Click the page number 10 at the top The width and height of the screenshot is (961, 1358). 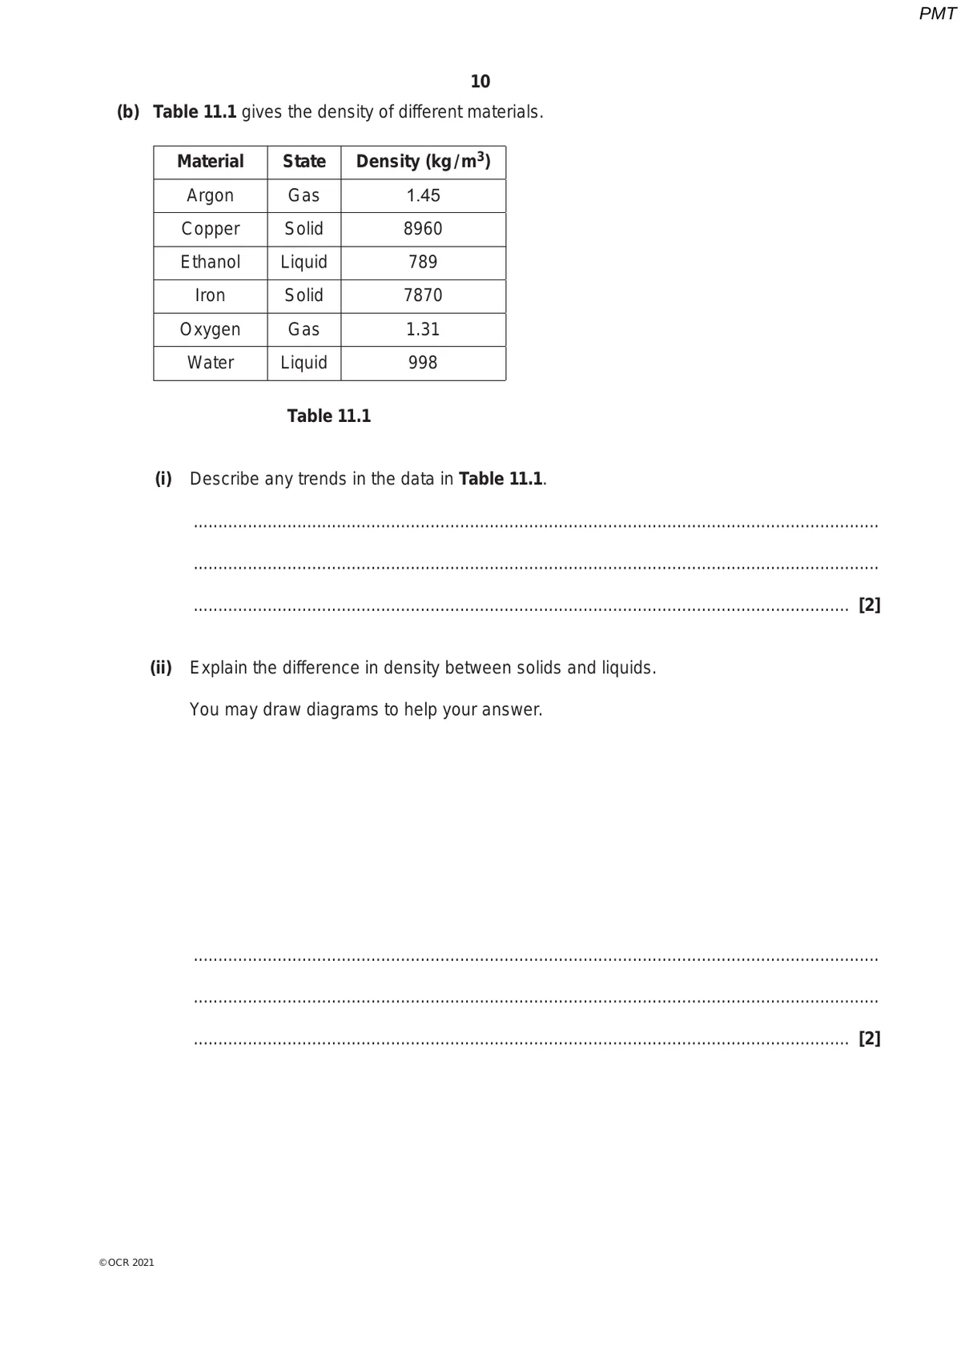(x=480, y=82)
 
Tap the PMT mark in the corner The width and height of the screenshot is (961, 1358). (x=937, y=14)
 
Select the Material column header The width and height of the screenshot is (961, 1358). (x=210, y=162)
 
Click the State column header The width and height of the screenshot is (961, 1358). (x=304, y=162)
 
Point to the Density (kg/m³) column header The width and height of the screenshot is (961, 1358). (x=423, y=162)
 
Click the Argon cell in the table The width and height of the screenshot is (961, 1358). (x=210, y=195)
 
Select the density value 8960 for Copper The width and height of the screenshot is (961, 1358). (x=423, y=229)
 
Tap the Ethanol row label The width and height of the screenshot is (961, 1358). (x=210, y=263)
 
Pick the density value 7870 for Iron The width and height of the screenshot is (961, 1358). (x=423, y=295)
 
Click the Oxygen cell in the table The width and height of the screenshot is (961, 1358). (x=210, y=329)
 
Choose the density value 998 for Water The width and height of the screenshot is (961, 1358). (x=423, y=363)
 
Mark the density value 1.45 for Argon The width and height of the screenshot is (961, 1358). (x=423, y=195)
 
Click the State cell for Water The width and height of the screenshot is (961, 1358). (x=304, y=363)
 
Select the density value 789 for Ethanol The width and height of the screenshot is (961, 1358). (x=423, y=263)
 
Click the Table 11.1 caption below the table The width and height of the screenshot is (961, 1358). (x=329, y=416)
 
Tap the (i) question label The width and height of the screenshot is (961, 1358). (x=163, y=479)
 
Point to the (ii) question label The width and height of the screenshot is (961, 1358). (x=161, y=668)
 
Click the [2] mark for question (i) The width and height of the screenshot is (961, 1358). (x=869, y=605)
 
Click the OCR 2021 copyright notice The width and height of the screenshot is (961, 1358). (x=127, y=1263)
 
